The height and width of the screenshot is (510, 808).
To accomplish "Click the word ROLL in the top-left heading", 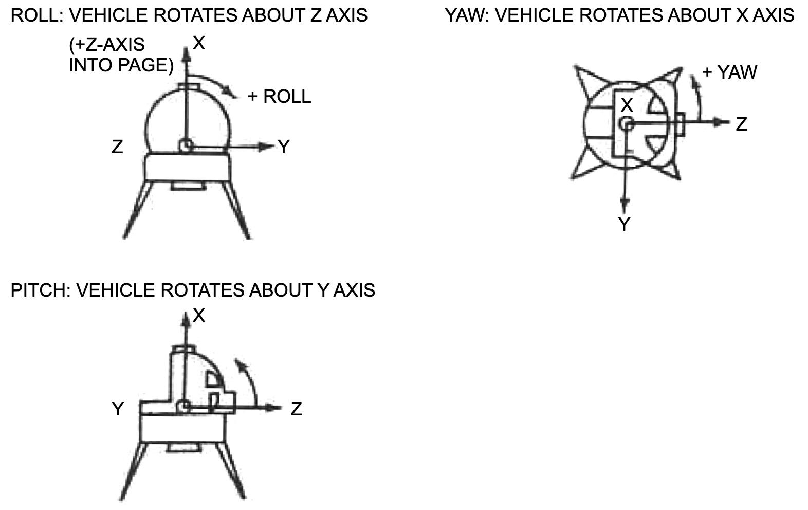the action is (33, 15).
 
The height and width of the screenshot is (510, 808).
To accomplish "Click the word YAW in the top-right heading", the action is (465, 15).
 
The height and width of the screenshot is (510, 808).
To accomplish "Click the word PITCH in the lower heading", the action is (38, 290).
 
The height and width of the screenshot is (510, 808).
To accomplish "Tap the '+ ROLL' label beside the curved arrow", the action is (279, 97).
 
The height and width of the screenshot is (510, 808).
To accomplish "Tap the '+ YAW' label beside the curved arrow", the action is (729, 72).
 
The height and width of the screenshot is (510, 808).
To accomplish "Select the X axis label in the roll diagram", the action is (199, 44).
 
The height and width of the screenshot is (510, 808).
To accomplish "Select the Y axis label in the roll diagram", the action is (284, 147).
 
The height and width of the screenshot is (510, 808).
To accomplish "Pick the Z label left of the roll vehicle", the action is (117, 147).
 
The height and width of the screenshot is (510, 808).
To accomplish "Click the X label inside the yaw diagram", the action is (627, 105).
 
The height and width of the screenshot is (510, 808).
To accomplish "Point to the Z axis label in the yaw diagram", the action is (741, 124).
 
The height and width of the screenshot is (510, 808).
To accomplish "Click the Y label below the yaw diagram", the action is (625, 224).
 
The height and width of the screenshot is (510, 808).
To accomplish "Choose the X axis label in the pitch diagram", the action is (199, 316).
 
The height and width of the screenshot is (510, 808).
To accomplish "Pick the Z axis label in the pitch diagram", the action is (296, 409).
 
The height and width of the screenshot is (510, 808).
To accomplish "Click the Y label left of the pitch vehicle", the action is (118, 409).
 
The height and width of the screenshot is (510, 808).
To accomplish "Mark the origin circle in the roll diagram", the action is (186, 145).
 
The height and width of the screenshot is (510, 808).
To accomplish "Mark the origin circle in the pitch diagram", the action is (185, 407).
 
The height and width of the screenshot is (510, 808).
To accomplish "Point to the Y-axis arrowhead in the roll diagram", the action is (266, 147).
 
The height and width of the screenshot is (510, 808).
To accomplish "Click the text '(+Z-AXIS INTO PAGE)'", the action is (121, 55).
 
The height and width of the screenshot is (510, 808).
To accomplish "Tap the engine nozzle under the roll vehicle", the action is (188, 186).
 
